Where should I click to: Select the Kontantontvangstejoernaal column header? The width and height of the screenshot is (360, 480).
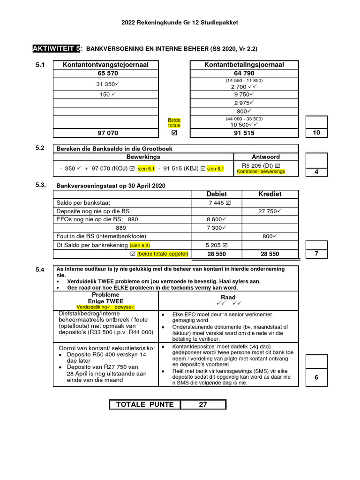tap(105, 65)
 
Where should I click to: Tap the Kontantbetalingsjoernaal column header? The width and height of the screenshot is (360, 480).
tap(244, 65)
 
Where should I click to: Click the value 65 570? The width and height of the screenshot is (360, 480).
tap(108, 74)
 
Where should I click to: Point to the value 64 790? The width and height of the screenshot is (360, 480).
tap(244, 74)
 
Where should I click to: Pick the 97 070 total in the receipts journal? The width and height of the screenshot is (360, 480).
tap(108, 133)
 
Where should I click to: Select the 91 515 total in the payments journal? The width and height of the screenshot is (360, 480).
tap(244, 133)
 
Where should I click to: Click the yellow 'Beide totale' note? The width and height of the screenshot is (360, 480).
tap(174, 123)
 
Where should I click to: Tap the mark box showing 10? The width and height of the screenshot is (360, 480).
tap(316, 133)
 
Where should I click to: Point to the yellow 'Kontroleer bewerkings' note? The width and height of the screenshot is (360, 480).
tap(261, 172)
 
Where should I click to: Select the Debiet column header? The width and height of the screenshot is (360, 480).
tap(217, 194)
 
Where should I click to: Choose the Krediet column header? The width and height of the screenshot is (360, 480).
tap(270, 194)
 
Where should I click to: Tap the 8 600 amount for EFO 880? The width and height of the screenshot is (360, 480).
tap(217, 219)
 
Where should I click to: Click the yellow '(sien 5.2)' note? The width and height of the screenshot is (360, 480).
tap(137, 245)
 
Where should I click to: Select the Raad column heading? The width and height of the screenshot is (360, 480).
tap(228, 298)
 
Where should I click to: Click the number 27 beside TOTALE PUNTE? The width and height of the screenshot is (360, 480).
tap(203, 405)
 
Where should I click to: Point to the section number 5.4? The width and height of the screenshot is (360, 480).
tap(40, 270)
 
